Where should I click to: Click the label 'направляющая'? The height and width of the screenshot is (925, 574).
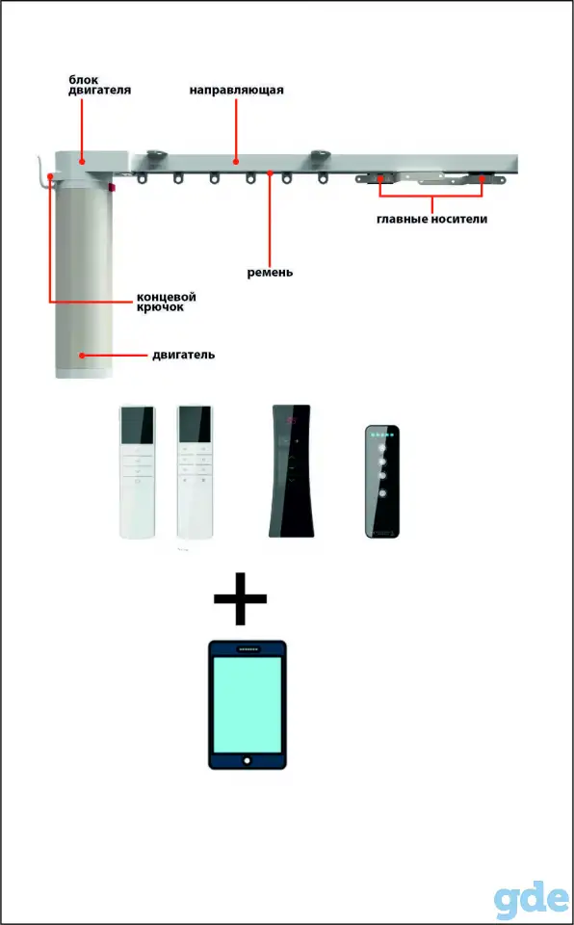(x=237, y=91)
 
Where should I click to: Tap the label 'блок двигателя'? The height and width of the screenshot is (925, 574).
(x=99, y=85)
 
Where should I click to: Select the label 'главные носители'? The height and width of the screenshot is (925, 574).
(x=432, y=220)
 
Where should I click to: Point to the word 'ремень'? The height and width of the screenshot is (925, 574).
(x=271, y=273)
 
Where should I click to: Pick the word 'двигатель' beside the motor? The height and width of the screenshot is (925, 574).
(x=183, y=356)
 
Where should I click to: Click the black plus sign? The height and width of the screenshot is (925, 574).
(x=240, y=598)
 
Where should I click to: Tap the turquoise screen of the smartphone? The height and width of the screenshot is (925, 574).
(x=248, y=704)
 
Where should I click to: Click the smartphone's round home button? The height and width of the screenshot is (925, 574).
(x=248, y=760)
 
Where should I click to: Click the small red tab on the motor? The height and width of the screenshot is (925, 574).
(x=112, y=189)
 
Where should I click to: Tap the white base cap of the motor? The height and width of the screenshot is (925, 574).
(x=84, y=374)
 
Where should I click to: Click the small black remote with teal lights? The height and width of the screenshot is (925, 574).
(x=382, y=481)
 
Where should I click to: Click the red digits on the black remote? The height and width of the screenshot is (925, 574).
(x=291, y=421)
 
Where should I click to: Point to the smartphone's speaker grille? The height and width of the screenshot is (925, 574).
(x=248, y=649)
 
